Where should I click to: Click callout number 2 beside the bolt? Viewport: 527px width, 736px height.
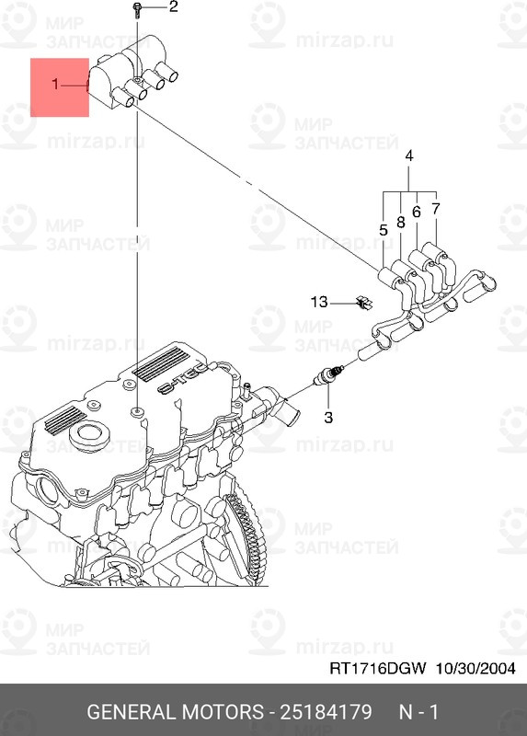[174, 8]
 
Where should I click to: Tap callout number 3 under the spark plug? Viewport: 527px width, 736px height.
[326, 417]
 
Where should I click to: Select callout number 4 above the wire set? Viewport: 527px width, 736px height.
[409, 154]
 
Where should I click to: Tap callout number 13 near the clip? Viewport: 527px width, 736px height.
[318, 302]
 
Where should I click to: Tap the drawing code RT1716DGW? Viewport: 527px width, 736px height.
[379, 669]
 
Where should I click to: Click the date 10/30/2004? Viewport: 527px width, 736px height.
[475, 669]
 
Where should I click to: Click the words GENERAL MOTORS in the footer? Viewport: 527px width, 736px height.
[174, 713]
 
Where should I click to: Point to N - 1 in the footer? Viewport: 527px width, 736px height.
[419, 713]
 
